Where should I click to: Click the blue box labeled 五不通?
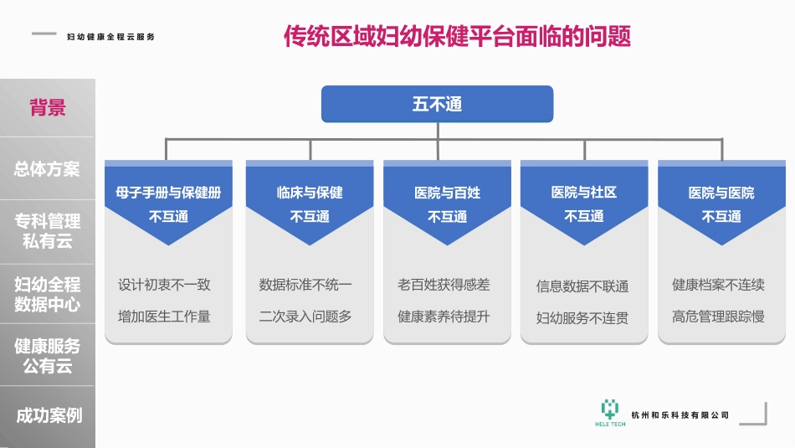(437, 105)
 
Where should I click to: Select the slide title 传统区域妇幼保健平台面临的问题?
(457, 37)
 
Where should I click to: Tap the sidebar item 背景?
(48, 108)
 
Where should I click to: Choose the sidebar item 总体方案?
(48, 169)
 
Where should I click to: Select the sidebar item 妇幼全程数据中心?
(48, 294)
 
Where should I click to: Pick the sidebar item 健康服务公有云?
(48, 356)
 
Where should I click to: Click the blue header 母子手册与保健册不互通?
(168, 203)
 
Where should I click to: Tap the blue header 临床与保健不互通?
(310, 203)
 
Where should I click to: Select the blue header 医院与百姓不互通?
(447, 203)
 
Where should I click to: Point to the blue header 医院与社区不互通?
(584, 203)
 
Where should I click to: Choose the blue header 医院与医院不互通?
(721, 203)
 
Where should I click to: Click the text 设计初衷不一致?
(164, 285)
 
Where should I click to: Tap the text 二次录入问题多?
(305, 317)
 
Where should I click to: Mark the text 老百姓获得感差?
(444, 285)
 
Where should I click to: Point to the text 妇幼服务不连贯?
(582, 318)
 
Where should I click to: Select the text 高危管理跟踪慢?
(718, 317)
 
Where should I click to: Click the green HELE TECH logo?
(610, 411)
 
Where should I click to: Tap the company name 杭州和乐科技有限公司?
(680, 415)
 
